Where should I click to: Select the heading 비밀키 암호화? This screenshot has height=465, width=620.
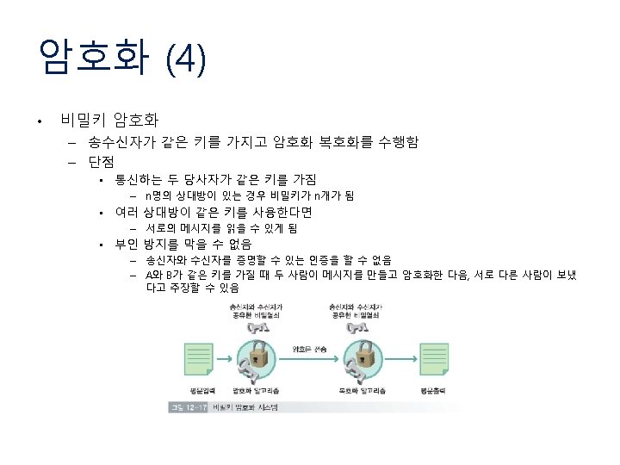pos(108,119)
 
